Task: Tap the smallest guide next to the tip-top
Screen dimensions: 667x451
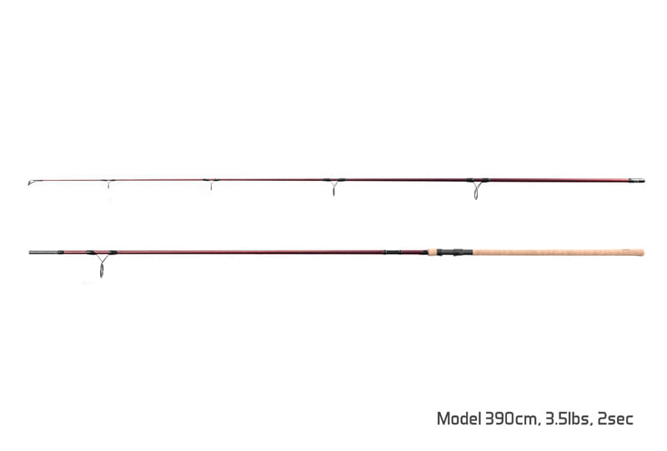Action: tap(108, 183)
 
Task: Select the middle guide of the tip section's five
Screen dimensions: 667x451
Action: tap(212, 183)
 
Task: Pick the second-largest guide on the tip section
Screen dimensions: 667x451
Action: tap(334, 186)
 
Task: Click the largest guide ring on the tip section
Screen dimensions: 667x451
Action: tap(477, 188)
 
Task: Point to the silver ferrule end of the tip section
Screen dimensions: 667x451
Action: tap(637, 180)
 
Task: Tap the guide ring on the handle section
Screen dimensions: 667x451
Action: tap(102, 263)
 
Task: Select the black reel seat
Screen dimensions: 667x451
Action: tap(454, 253)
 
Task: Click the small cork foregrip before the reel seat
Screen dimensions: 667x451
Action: tap(432, 253)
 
